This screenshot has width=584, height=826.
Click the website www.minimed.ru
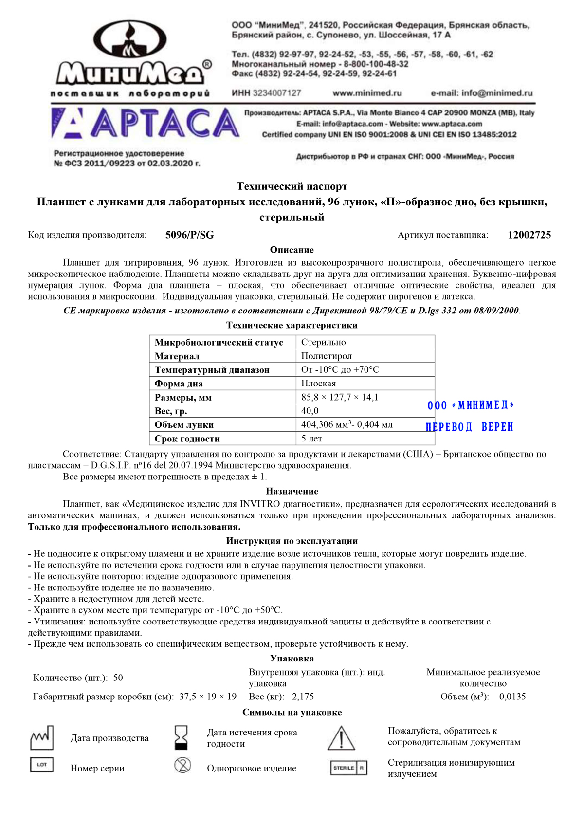[367, 93]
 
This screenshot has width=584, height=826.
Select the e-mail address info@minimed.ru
[482, 93]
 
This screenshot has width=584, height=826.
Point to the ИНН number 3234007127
[267, 93]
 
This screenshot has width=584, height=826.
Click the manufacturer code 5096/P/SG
[190, 235]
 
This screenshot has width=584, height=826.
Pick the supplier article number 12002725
[529, 235]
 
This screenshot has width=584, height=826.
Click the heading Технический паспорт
[292, 186]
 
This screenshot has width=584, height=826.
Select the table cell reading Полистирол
[327, 356]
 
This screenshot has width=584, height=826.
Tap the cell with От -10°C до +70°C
[340, 370]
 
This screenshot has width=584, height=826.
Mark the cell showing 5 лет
[312, 439]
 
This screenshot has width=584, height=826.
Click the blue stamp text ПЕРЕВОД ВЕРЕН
[470, 427]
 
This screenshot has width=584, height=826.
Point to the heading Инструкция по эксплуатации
[292, 541]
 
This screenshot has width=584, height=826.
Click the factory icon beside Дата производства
[42, 738]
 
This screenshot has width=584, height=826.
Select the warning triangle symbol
[342, 738]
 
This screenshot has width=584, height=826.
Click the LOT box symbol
[42, 765]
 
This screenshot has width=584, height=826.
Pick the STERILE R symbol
[348, 768]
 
